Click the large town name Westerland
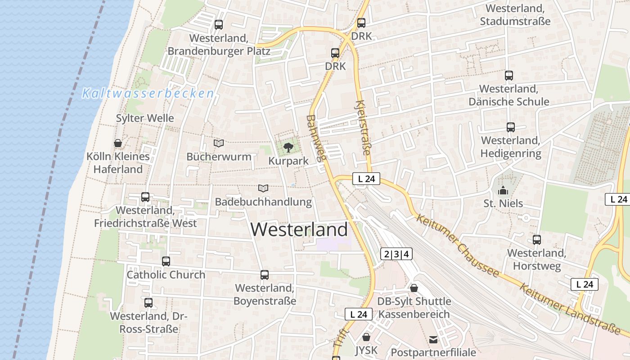(x=299, y=229)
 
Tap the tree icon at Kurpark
(x=288, y=147)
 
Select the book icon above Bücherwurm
(x=219, y=144)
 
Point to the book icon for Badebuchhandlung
(x=263, y=188)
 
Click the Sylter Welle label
(x=145, y=118)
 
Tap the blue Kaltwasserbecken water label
(x=148, y=94)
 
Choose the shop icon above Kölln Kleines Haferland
(x=118, y=144)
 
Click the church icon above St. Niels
(x=503, y=190)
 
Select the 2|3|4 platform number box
(x=396, y=254)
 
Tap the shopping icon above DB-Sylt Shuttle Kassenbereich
(x=414, y=288)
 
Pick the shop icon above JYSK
(x=366, y=337)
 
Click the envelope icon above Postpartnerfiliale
(x=433, y=339)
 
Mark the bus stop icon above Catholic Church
(x=166, y=261)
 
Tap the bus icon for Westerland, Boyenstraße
(x=265, y=274)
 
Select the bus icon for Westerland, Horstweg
(x=537, y=240)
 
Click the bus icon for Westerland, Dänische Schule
(x=509, y=76)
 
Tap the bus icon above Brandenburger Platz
(x=219, y=25)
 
